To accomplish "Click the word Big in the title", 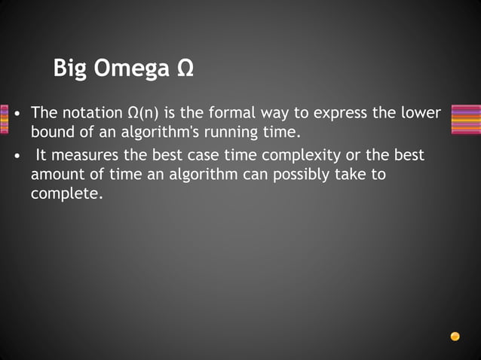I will (70, 69).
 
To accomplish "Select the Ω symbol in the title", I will (185, 69).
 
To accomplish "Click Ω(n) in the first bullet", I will (142, 114).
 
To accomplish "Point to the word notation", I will (91, 114).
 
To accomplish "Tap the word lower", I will (421, 114).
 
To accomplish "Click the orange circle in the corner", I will (455, 336).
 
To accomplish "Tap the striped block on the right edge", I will (465, 119).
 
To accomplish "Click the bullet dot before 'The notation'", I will (17, 114).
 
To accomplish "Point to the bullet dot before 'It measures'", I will (17, 156).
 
